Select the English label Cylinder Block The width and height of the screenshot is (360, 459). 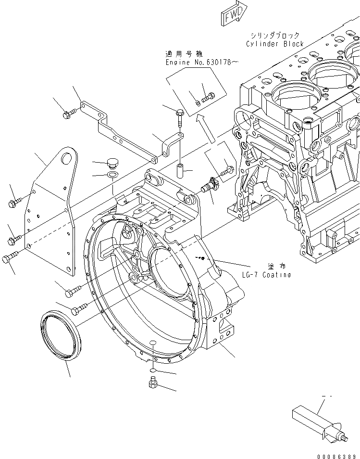pos(274,44)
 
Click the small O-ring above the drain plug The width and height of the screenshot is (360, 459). pos(151,370)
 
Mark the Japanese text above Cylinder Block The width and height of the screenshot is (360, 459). pos(274,35)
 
